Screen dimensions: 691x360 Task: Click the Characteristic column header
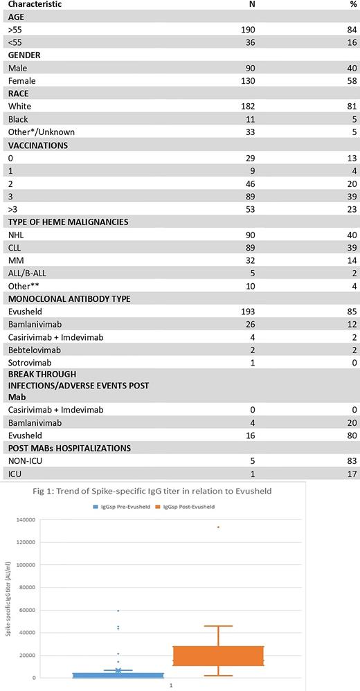(x=34, y=4)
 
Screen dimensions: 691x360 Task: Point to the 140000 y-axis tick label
(x=25, y=519)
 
